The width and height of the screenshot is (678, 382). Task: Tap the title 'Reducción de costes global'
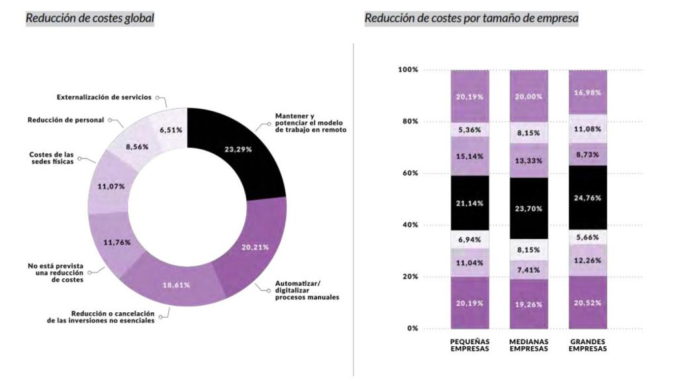coord(89,19)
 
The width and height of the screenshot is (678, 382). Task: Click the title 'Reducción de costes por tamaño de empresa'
coord(471,19)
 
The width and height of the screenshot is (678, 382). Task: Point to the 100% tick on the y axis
coord(408,70)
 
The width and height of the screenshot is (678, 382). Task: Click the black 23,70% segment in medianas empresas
coord(528,208)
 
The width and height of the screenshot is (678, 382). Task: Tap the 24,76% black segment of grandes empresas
coord(587,198)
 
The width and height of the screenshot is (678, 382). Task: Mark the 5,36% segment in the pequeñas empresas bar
coord(470,130)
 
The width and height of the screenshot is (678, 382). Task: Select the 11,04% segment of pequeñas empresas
coord(470,263)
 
